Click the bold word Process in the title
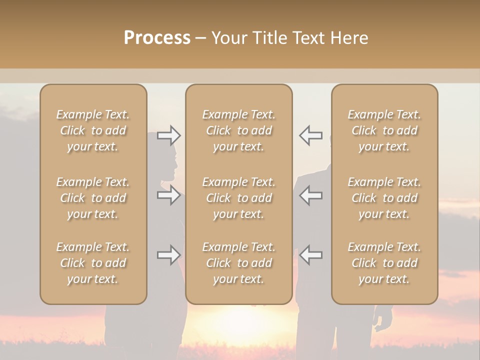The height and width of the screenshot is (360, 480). pyautogui.click(x=157, y=38)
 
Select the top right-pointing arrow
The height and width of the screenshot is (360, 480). pyautogui.click(x=169, y=135)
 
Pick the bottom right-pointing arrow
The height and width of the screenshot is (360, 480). pyautogui.click(x=169, y=255)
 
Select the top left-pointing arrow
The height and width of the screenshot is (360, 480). pyautogui.click(x=310, y=135)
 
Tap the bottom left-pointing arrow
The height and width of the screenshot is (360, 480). pyautogui.click(x=310, y=255)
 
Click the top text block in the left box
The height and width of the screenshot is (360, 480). pyautogui.click(x=93, y=130)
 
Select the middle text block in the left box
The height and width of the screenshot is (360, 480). pyautogui.click(x=93, y=198)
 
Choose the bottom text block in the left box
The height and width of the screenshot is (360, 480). pyautogui.click(x=93, y=263)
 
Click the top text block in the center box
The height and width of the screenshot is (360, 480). pyautogui.click(x=238, y=130)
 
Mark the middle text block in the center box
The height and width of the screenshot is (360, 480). pyautogui.click(x=238, y=198)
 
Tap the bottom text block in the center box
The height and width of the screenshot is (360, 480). pyautogui.click(x=238, y=263)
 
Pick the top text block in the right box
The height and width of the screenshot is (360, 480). pyautogui.click(x=384, y=130)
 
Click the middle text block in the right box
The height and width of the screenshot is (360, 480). pyautogui.click(x=384, y=198)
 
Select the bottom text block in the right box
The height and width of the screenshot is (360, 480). pyautogui.click(x=384, y=263)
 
